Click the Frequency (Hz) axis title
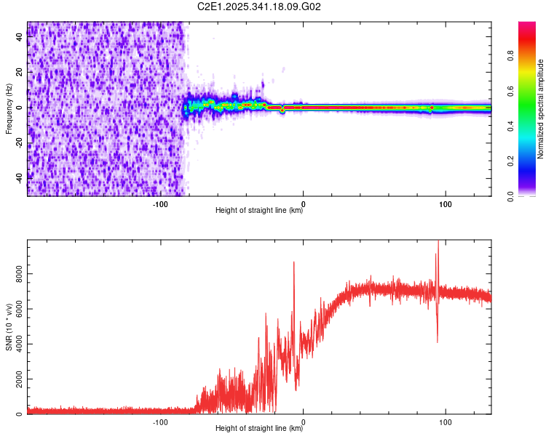tap(9, 108)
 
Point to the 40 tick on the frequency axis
tap(20, 38)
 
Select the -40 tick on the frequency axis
tap(20, 177)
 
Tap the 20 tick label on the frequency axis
tap(20, 73)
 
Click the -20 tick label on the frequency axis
tap(20, 142)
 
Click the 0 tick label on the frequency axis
tap(20, 108)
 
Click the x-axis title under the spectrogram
tap(259, 210)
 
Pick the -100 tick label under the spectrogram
tap(161, 203)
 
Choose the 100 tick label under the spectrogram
tap(446, 203)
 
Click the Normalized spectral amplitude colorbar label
tap(541, 109)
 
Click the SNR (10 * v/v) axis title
tap(9, 327)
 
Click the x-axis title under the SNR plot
tap(259, 428)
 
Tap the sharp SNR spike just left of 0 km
tap(294, 263)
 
